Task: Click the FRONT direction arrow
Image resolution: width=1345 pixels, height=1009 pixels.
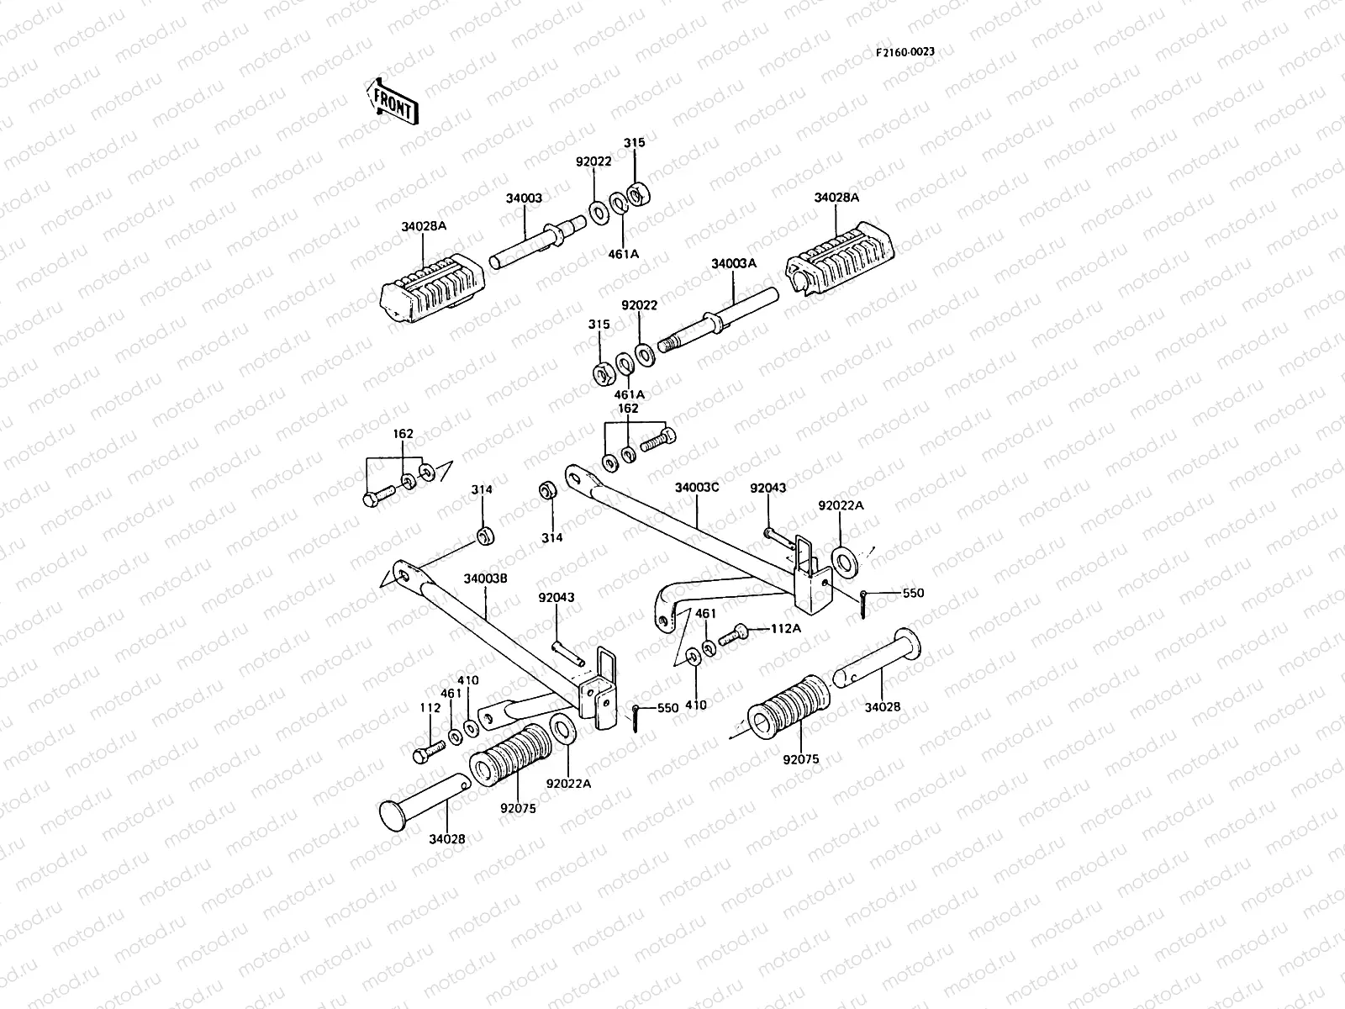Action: (393, 103)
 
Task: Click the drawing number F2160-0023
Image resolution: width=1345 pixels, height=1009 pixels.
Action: (905, 52)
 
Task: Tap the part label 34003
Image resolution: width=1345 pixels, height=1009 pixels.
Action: (524, 198)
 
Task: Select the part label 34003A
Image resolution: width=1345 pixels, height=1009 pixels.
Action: (734, 263)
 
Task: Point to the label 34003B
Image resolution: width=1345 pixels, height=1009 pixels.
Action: (485, 578)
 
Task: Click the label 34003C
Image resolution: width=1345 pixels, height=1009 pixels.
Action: (698, 488)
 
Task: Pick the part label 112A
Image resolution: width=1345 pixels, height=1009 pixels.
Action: (785, 629)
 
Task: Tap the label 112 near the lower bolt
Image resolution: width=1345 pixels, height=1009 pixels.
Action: (430, 708)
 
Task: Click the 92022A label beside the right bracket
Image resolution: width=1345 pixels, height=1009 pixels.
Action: (841, 505)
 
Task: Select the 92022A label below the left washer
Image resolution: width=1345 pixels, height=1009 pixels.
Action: (568, 784)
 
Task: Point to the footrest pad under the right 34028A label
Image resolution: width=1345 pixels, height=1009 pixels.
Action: (840, 258)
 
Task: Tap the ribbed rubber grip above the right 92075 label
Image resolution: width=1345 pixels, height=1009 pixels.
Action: (789, 707)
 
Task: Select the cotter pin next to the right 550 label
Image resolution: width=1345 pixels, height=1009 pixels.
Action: (862, 604)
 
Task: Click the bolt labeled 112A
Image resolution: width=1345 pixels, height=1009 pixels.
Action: (733, 634)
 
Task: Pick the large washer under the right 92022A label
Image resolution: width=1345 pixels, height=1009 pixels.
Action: (845, 563)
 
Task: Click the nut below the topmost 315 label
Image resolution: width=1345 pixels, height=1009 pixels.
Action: (639, 194)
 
